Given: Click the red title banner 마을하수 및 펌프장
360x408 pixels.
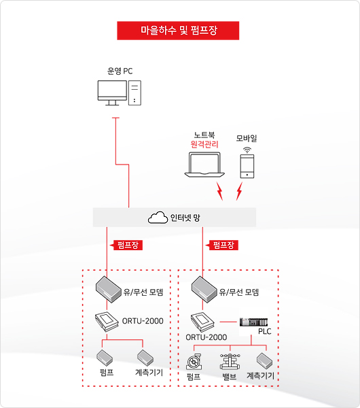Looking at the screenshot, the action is [178, 31].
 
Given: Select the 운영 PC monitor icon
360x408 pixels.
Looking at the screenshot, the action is [112, 92].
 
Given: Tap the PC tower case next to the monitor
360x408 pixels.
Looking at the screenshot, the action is [134, 92].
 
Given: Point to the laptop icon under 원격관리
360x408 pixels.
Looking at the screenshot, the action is [204, 165].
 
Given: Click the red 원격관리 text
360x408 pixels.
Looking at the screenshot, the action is [204, 144].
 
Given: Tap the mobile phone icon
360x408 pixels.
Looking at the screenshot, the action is [247, 167].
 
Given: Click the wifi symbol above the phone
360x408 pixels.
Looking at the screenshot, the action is [247, 150].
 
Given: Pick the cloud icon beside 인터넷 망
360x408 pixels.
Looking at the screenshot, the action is [158, 218].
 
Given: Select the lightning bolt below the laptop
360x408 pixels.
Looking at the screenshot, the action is [219, 191].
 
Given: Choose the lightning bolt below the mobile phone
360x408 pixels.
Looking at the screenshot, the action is [239, 191].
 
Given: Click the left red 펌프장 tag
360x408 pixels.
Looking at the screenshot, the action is [126, 245].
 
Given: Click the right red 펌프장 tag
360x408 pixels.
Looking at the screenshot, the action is [222, 245].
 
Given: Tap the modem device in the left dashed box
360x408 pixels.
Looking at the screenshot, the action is [109, 290].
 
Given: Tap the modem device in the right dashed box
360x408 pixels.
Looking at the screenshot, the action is [204, 290].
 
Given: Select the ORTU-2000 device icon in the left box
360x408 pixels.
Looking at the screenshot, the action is [107, 322].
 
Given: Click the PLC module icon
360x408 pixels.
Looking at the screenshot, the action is [253, 322].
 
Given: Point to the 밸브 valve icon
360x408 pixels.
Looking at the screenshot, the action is [230, 362].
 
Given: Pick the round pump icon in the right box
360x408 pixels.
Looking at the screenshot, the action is [194, 362].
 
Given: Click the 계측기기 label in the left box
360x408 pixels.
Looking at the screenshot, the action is [149, 373].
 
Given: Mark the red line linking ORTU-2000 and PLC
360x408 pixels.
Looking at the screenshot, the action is [228, 322].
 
